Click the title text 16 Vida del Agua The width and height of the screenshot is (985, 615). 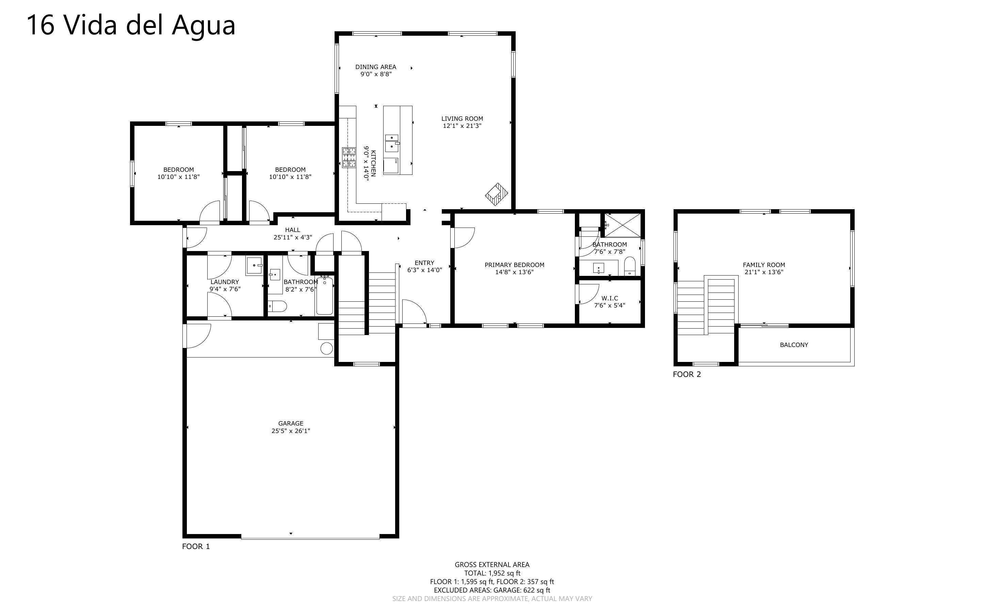(x=131, y=25)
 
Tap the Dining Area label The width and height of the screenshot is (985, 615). (x=375, y=67)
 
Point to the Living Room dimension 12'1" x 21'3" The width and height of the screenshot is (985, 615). (x=462, y=126)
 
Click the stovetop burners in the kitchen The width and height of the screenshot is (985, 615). (x=349, y=158)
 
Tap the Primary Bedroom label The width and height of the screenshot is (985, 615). (x=514, y=265)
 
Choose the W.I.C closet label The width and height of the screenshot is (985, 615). (x=610, y=298)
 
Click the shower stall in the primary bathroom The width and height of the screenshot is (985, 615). (x=623, y=225)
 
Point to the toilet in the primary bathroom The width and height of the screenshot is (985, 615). (x=630, y=266)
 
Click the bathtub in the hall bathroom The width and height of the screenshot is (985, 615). (x=324, y=295)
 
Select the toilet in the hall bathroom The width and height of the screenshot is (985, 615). (x=277, y=306)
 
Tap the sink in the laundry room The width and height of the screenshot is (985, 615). (x=255, y=265)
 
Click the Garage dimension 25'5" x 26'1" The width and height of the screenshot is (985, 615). (x=291, y=431)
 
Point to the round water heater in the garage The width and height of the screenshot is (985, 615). (x=327, y=349)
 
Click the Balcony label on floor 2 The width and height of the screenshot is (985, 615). (x=794, y=345)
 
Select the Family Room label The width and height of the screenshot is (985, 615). (x=764, y=265)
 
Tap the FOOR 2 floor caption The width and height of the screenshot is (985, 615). (x=687, y=374)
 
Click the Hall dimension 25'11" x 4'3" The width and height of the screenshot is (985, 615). (x=292, y=237)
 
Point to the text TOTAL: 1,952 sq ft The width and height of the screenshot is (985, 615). (x=492, y=573)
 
